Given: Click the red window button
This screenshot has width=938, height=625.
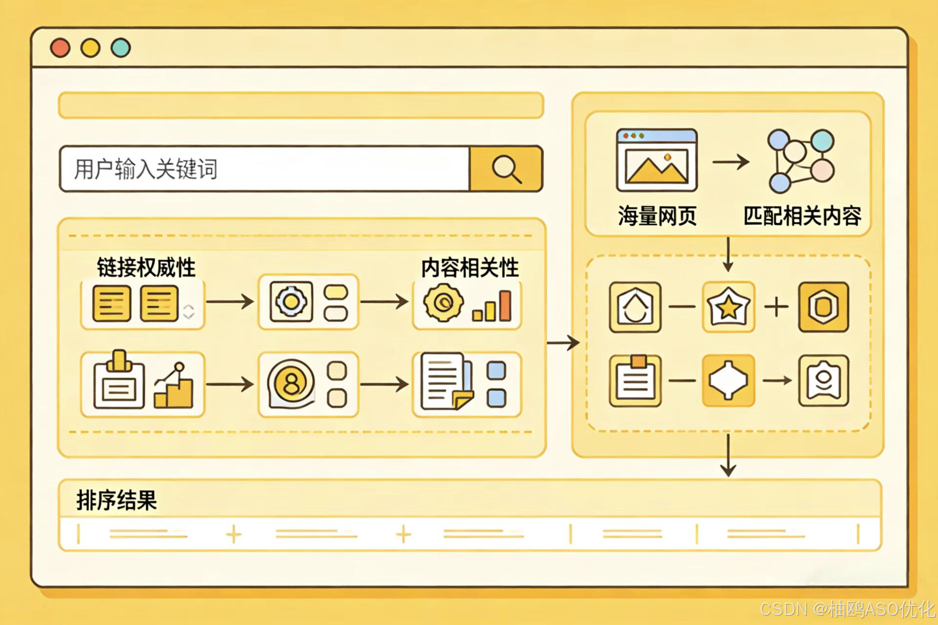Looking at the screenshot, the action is point(60,48).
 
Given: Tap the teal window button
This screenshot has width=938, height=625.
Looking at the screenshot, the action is point(121,48).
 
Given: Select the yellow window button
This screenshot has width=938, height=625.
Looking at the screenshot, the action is point(90,48).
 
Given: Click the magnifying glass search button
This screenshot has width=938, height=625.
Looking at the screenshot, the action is point(506,169).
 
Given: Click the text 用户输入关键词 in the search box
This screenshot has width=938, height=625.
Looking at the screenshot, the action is point(146,169).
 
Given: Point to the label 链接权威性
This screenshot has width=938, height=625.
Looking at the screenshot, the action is point(146,268).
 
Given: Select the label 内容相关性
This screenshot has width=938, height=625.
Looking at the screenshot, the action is point(470,268).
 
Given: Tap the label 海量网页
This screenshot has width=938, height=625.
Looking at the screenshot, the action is point(657,216).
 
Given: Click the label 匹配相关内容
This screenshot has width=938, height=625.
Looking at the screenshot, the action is point(802,216).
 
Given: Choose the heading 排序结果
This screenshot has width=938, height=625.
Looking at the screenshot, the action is point(116,500).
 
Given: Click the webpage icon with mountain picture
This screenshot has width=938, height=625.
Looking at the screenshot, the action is point(657,160).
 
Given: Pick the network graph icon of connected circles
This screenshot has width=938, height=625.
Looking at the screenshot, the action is point(800,161).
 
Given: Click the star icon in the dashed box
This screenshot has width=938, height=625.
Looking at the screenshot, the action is point(728,307).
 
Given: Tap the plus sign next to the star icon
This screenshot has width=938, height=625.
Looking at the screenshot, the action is point(776,307).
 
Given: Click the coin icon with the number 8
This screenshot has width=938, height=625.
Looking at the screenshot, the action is point(291,384).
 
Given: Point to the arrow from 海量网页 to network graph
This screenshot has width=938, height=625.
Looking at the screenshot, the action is point(730,161).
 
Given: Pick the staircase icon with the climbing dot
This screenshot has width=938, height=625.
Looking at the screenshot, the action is point(173,386).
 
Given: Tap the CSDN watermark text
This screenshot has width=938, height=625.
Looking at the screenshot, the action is point(847,609).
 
